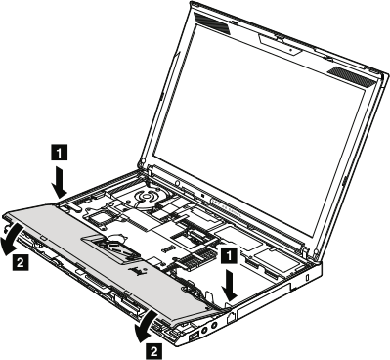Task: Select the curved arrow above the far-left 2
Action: [11, 238]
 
